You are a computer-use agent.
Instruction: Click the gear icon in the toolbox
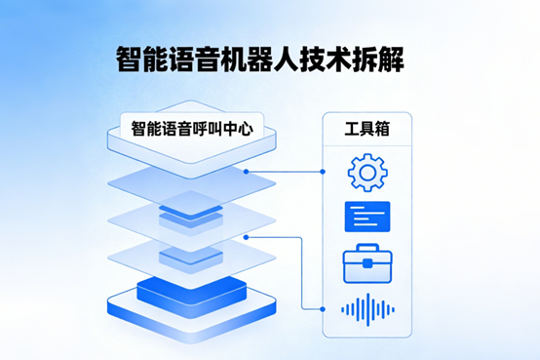[x=367, y=173]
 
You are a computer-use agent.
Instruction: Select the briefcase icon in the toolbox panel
[x=367, y=262]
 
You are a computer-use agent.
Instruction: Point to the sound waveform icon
[x=367, y=309]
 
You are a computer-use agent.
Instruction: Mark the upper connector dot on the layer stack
[x=246, y=171]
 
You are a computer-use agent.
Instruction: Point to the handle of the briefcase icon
[x=367, y=249]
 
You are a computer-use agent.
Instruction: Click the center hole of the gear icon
[x=367, y=173]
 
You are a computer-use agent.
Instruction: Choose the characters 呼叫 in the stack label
[x=217, y=127]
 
